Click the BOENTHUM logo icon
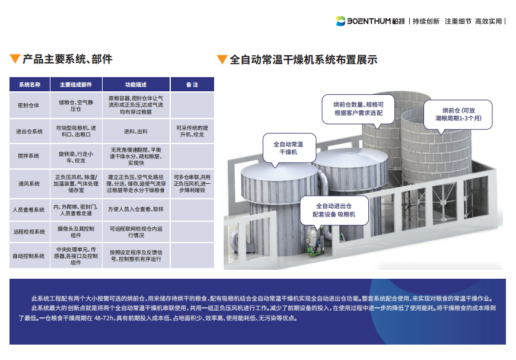coord(340,21)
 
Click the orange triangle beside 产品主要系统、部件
coord(15,59)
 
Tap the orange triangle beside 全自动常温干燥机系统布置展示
coord(222,59)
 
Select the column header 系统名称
coord(30,85)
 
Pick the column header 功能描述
coord(136,85)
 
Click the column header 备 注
coord(192,85)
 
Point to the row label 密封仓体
coord(28,106)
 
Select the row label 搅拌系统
coord(28,155)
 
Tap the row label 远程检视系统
coord(29,232)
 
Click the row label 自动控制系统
coord(28,256)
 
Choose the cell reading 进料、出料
coord(136,132)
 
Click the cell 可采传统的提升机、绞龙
coord(192,131)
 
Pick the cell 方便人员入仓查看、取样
coord(136,209)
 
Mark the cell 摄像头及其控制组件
coord(76,232)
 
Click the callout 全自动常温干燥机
coord(289,148)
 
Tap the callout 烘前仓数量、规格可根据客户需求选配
coord(358,109)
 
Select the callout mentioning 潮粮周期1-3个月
coord(458,115)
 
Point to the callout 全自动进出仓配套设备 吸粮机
coord(334,211)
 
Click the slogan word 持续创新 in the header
coord(426,21)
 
